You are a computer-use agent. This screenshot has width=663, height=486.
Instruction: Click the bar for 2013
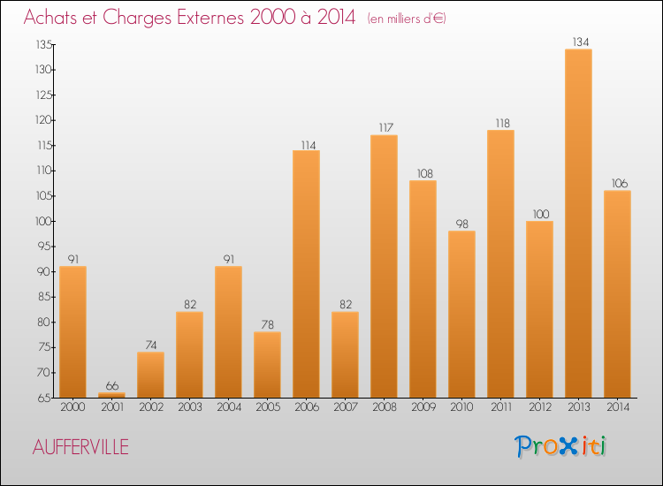578,223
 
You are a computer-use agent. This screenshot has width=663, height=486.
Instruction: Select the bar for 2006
306,274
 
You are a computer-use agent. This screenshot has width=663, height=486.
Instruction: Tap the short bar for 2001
111,395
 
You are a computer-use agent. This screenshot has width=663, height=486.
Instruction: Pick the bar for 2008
384,266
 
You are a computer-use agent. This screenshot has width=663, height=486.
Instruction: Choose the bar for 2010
461,314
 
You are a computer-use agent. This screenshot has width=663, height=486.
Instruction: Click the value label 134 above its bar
578,41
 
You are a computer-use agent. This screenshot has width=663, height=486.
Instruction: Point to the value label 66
111,385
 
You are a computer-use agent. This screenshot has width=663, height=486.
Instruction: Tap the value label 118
500,123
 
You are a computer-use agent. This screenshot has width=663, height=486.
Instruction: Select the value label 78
267,324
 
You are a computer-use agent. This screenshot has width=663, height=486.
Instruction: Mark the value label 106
617,183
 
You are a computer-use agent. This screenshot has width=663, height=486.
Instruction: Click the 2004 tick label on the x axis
228,407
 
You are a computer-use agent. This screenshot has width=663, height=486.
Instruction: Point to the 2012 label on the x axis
539,407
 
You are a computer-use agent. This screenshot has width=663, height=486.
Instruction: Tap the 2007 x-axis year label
345,407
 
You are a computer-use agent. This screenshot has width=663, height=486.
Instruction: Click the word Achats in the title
53,17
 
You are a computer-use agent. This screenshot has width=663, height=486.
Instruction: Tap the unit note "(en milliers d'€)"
406,18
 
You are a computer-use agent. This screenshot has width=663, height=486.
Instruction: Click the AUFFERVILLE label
80,448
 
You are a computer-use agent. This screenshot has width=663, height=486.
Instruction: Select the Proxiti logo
560,446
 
